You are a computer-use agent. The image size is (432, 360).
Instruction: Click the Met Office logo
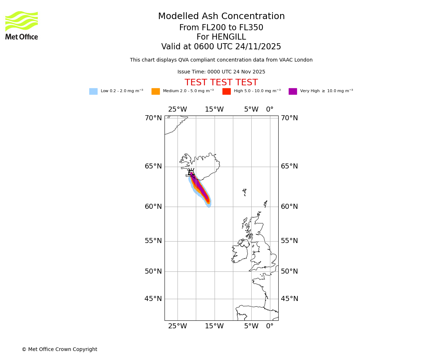(x=22, y=25)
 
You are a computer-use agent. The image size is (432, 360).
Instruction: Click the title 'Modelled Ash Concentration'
(x=221, y=17)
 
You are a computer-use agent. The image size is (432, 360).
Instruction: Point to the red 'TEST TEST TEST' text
(x=221, y=83)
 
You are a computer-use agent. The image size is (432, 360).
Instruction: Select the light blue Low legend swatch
(x=93, y=91)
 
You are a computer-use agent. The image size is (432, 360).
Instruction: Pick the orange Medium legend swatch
(x=156, y=91)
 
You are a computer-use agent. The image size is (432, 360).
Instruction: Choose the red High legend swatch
(x=226, y=91)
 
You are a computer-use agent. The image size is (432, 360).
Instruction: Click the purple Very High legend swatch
(x=293, y=91)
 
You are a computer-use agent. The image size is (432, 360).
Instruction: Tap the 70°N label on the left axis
(x=153, y=118)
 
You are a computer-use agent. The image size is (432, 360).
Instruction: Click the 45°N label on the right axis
(x=289, y=299)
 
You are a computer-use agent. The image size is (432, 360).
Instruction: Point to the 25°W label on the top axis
(x=177, y=109)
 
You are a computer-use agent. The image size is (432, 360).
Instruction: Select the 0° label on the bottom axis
(x=270, y=326)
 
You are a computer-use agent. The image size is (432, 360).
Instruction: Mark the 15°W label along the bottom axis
(x=214, y=326)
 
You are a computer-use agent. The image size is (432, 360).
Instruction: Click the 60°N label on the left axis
(x=153, y=207)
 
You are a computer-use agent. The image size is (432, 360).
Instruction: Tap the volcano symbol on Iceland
(x=191, y=172)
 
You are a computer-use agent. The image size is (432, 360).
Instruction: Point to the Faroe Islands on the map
(x=244, y=192)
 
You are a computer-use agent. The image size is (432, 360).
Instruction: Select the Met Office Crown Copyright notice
(x=59, y=349)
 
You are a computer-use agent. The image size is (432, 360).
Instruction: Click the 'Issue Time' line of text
(x=221, y=72)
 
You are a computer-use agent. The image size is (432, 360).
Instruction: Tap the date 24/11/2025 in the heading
(x=258, y=47)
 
